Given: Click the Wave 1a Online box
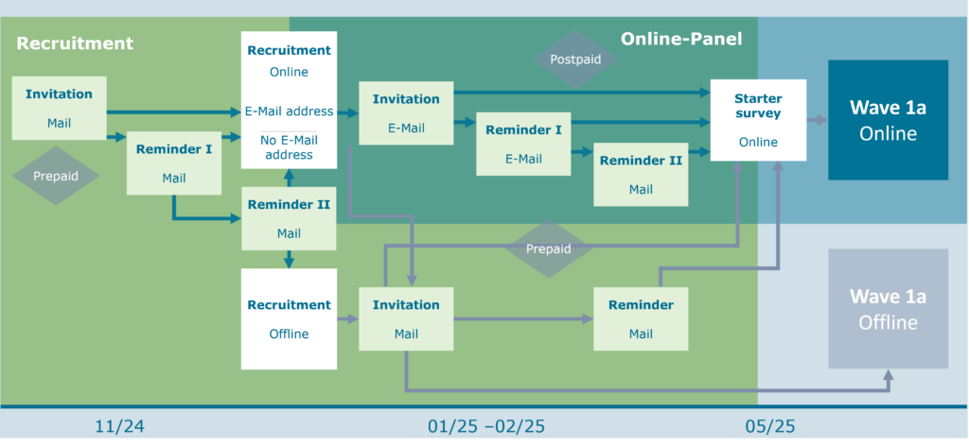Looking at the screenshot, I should point(888,120).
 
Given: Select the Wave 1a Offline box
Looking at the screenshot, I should point(888,309).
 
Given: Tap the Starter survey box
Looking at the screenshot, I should point(757,120).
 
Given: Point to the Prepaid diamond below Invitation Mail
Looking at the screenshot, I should point(56,176).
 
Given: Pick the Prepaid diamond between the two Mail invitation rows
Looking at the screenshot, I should point(549,249).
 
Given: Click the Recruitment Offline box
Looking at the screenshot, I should point(289,318).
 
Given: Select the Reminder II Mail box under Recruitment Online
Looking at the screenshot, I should point(289,218).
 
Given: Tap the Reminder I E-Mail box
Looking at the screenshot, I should point(523,144).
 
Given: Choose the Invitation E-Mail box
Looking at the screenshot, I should point(406,112).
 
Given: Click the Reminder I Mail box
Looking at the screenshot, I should point(173,163).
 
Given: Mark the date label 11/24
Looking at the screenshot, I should point(120,426).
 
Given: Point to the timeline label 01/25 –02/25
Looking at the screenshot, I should point(486,426).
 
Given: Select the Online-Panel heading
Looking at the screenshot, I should point(681,39).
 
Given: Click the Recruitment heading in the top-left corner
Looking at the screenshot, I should point(75,43).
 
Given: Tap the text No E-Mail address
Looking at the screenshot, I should point(289,147).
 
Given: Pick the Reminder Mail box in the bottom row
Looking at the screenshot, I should point(641,318).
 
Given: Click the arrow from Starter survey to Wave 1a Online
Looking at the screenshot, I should point(818,120).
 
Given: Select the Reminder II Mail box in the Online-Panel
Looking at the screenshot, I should point(641,175).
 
